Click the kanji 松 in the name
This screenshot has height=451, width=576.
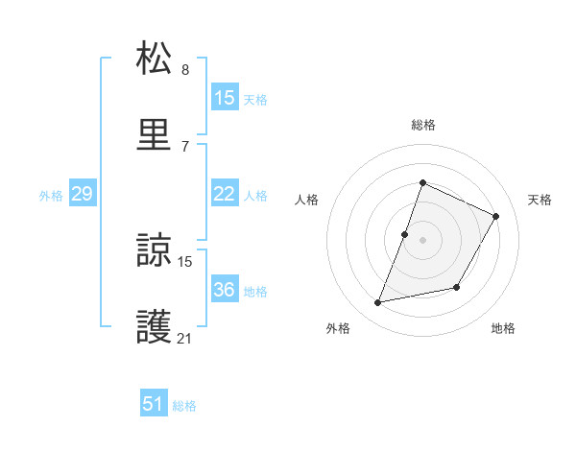[155, 59]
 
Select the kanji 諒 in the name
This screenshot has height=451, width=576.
[155, 252]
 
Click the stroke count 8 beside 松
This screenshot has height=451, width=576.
[185, 69]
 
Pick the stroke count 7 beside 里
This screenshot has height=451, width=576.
[185, 145]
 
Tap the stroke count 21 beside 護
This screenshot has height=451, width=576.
[185, 338]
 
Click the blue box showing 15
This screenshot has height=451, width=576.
[224, 97]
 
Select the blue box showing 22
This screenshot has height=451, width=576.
[224, 194]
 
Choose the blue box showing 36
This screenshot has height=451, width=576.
[224, 290]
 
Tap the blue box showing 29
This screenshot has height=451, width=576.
[82, 194]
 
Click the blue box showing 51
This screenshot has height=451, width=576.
[153, 404]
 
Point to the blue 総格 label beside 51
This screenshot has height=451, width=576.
[184, 406]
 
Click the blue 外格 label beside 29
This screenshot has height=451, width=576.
[51, 196]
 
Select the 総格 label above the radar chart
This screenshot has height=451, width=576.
[422, 125]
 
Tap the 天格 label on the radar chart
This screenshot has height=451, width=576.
[540, 200]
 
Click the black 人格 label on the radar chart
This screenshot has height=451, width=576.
[306, 200]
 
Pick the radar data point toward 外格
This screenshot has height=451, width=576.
[378, 303]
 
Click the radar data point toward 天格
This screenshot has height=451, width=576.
[496, 216]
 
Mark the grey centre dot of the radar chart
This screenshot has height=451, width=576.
[422, 240]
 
